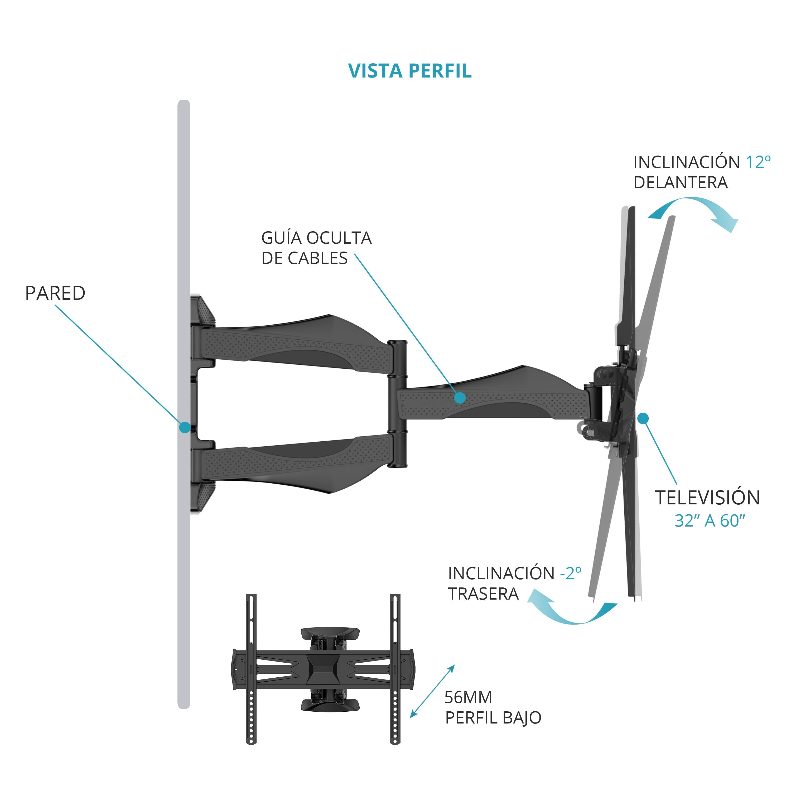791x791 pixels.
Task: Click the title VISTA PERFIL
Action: pos(410,71)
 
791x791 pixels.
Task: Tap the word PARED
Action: pos(55,293)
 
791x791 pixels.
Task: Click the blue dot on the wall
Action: pos(185,427)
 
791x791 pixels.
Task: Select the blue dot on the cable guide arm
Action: pos(460,398)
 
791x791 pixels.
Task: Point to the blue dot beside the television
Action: pos(643,418)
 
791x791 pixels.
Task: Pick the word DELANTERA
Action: pos(681,183)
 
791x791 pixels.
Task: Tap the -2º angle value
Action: pos(570,573)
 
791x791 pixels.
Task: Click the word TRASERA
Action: pos(483,594)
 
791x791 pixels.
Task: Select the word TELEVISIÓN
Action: pos(707,498)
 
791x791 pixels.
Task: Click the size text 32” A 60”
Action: pos(710,521)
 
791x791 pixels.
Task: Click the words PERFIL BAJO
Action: pos(493,718)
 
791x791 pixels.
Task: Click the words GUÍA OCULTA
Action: pos(316,238)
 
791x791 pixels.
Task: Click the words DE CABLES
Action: pos(304,258)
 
